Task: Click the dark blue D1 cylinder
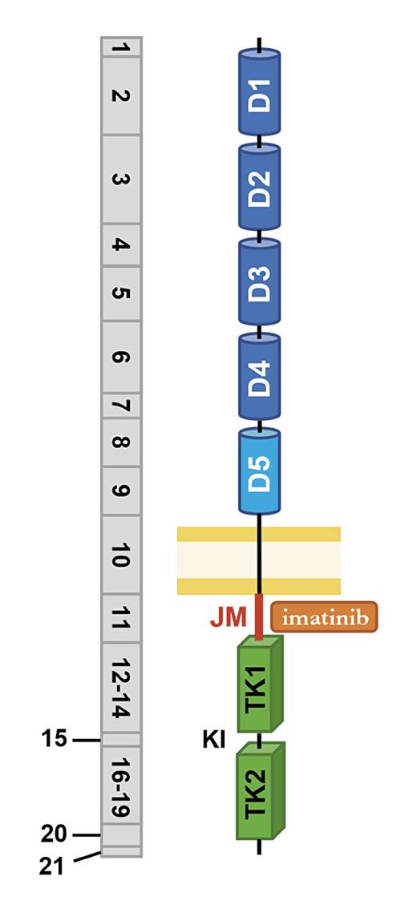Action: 260,92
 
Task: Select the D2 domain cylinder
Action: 260,186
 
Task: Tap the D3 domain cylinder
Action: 260,281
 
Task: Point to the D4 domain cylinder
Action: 260,376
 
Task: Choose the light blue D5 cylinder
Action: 260,471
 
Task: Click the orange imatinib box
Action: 325,616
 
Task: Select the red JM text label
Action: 229,617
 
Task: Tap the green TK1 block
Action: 261,684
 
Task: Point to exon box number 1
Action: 121,46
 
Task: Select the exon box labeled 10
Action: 121,555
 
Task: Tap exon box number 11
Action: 121,618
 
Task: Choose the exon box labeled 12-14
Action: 121,688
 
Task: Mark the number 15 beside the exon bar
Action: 55,741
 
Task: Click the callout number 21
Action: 53,867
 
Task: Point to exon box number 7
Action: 121,406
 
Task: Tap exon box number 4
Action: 121,245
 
